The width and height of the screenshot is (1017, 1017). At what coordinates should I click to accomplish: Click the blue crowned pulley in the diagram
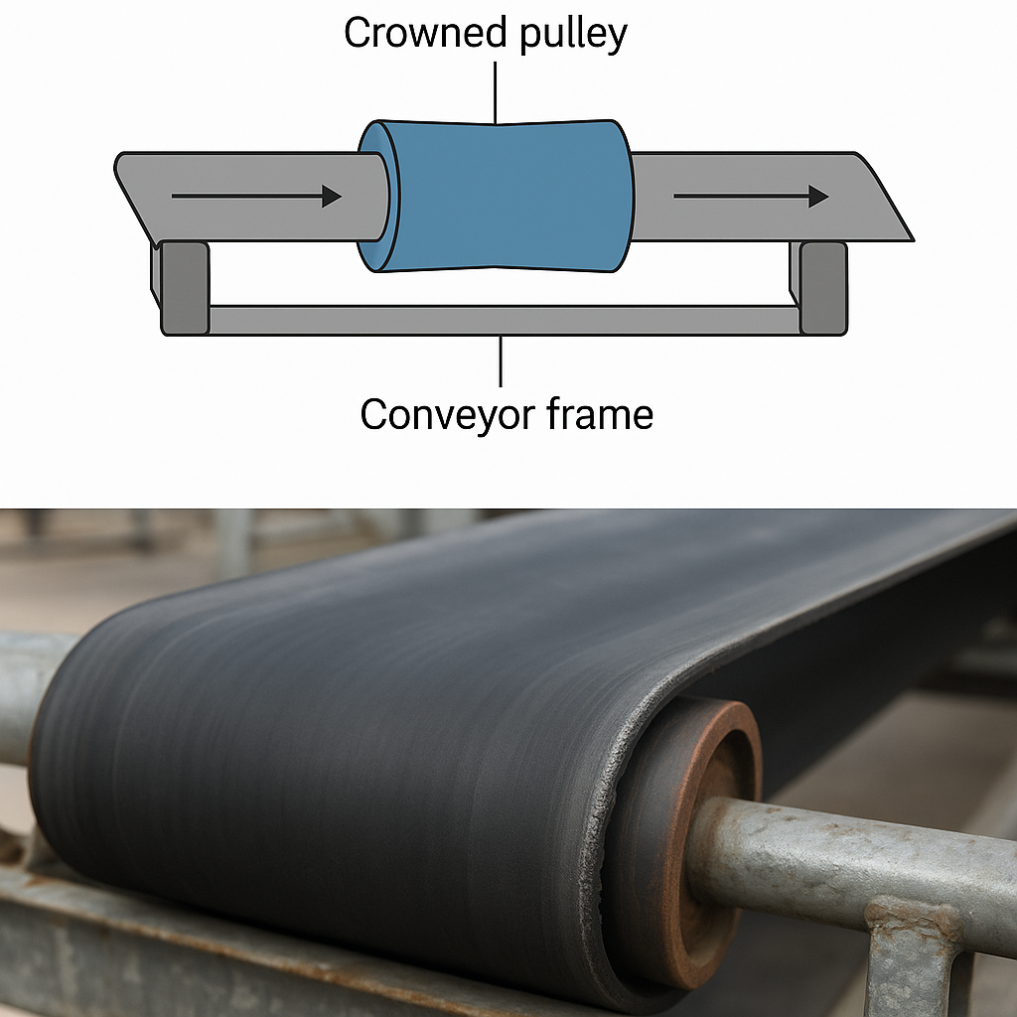(x=507, y=196)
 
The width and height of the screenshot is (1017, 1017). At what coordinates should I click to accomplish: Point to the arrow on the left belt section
(x=255, y=197)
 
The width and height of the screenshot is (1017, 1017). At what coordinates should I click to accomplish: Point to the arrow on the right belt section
(x=750, y=197)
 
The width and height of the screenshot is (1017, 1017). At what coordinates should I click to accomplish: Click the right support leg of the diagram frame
(x=823, y=287)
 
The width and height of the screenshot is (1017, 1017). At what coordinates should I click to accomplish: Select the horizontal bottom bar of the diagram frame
(x=502, y=320)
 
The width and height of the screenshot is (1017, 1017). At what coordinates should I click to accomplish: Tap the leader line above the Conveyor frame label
(x=502, y=362)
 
